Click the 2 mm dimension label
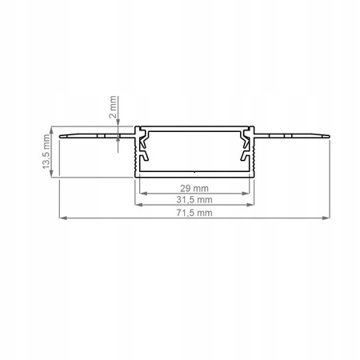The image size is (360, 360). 113,107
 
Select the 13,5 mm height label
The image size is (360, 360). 46,151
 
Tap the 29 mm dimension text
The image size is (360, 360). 194,188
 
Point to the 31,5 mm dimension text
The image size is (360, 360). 194,199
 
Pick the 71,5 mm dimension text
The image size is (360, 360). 194,213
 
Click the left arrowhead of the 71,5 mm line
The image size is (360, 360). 62,218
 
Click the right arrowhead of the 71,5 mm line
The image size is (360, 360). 326,218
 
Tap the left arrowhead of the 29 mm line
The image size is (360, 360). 143,194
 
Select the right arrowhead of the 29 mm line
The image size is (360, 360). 246,194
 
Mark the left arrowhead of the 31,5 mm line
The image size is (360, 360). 138,205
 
